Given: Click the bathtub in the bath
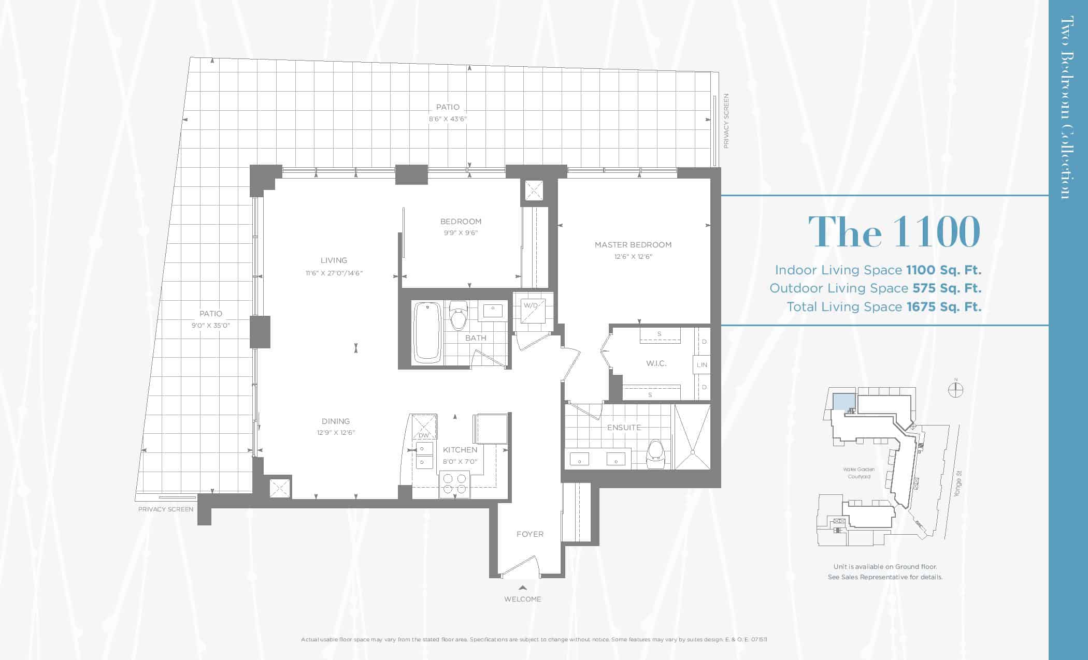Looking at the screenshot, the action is (427, 332).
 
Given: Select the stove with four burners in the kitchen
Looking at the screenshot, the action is (454, 485).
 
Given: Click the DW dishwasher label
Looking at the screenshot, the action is (424, 435).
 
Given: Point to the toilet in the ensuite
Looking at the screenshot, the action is (655, 454).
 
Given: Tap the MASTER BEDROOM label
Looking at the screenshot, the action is (633, 245).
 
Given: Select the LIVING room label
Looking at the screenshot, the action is (334, 260).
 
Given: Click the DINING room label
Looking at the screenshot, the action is (336, 421).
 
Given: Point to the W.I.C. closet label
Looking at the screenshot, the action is (656, 363).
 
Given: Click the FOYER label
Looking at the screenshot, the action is (530, 534).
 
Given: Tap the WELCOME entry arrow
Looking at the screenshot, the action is (523, 588).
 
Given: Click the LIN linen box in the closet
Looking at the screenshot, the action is (702, 365).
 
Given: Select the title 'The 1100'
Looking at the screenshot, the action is (894, 231).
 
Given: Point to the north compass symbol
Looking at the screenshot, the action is (956, 389).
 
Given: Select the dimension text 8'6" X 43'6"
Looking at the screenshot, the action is (448, 119).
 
